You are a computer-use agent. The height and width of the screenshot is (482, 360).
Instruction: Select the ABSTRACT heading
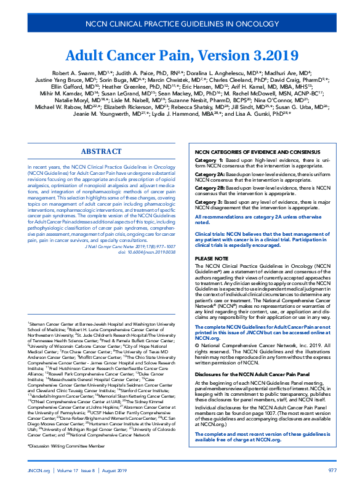pyautogui.click(x=101, y=151)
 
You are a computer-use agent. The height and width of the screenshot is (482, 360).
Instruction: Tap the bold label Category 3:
pyautogui.click(x=209, y=201)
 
